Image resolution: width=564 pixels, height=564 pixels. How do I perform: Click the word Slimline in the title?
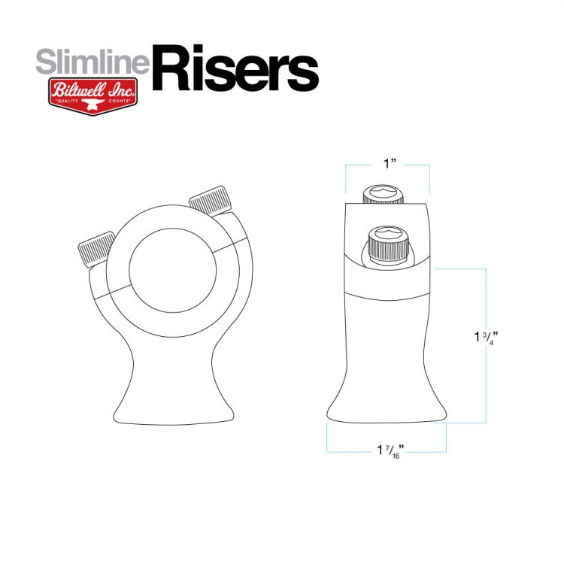[92, 62]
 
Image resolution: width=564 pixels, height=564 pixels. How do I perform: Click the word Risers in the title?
[235, 68]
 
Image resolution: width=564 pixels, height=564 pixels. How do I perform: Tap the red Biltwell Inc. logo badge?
[92, 96]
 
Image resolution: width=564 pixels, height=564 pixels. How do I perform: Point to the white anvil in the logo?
[92, 105]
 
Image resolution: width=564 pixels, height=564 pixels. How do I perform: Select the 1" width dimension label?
[390, 164]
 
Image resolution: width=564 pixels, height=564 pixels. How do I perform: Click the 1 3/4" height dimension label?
[487, 338]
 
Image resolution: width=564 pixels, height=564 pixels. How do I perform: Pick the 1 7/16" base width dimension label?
[390, 451]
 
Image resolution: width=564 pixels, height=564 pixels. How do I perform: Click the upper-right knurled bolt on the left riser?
[210, 200]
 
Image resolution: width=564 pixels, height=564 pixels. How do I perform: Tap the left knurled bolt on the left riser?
[96, 249]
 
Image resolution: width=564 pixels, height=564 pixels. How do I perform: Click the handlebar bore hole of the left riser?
[173, 271]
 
